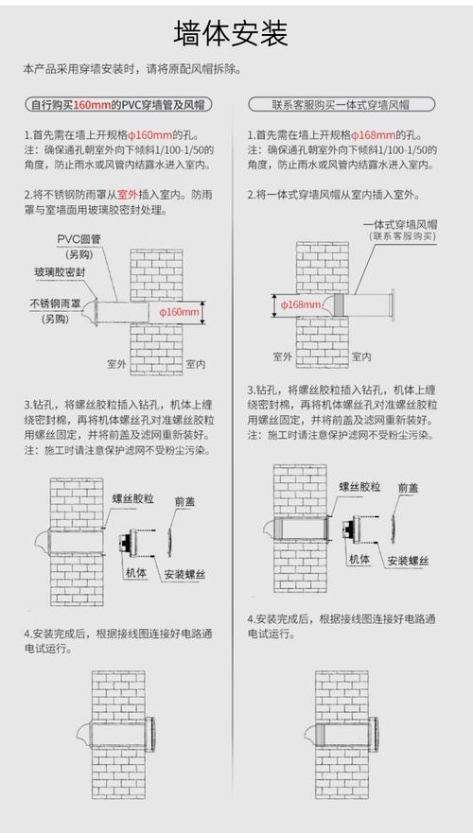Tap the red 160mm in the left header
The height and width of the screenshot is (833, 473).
coord(86,104)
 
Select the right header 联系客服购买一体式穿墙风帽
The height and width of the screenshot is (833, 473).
coord(340,104)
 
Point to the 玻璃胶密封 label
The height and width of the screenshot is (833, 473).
coord(60,272)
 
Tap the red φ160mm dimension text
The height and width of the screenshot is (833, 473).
coord(179,311)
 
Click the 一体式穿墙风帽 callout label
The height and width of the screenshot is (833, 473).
coord(398,224)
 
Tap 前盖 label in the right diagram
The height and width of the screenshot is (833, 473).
coord(408,488)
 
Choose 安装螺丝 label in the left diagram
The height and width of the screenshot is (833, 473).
coord(185,574)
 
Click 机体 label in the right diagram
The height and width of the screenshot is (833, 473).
coord(359,560)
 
